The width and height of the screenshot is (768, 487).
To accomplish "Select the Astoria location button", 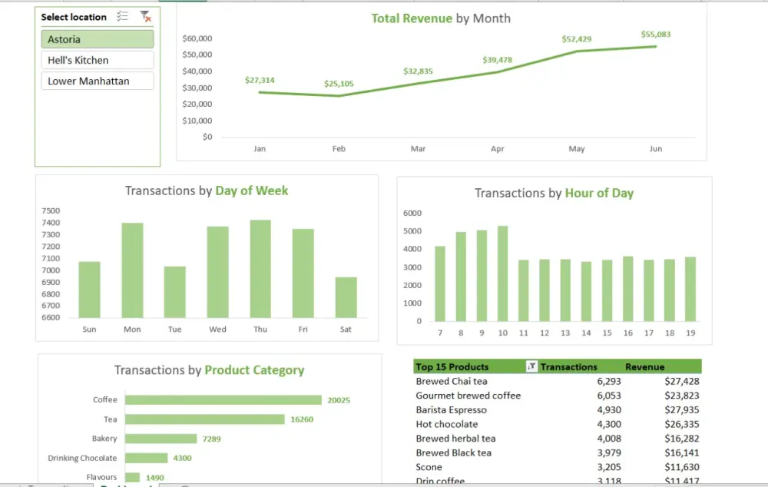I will point(97,39).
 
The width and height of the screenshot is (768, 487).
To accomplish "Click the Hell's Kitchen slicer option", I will point(97,60).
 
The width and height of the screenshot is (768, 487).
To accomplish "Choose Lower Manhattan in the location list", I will point(97,81).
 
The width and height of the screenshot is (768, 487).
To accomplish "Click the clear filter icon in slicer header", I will point(145,16).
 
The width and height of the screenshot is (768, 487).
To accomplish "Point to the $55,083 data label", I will point(655,34).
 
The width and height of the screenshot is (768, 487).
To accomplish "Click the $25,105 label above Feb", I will point(339,84).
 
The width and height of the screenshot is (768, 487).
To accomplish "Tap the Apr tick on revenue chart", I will point(497,149).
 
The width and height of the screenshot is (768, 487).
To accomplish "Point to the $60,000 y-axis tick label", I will point(197,38).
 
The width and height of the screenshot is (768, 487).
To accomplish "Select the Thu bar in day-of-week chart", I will point(260,269).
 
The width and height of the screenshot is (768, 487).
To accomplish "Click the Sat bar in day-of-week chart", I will point(346,297).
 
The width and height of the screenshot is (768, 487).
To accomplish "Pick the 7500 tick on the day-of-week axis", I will point(51,211).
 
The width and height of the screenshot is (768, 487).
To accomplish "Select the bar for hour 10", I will point(503,273).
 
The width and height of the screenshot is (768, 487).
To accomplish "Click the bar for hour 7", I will point(440,283).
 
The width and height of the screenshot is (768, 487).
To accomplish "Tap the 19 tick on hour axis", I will point(690,333).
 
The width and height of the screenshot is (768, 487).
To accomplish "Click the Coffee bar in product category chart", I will point(223,399).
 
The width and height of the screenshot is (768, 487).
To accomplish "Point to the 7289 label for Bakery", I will point(211,439).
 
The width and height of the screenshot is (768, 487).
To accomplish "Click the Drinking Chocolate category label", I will point(82,458).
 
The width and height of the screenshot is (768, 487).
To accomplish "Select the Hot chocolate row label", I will point(446,424).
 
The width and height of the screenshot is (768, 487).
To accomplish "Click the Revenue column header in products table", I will point(644,367).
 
